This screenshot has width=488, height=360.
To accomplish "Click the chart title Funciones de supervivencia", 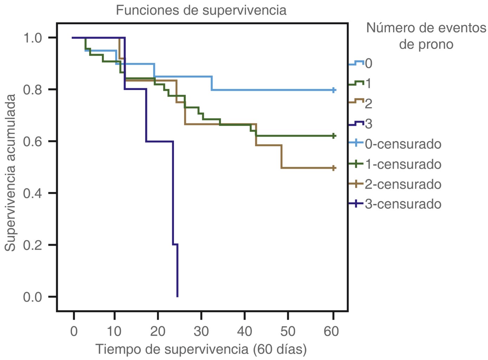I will pyautogui.click(x=201, y=10).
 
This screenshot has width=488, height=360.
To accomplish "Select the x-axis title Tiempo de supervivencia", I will pyautogui.click(x=201, y=349).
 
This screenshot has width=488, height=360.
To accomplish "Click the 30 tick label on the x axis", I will pyautogui.click(x=201, y=331).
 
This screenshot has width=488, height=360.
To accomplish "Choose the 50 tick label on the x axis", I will pyautogui.click(x=288, y=331).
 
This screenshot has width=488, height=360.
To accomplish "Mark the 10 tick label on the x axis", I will pyautogui.click(x=114, y=331).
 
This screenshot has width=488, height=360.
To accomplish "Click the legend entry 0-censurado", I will pyautogui.click(x=403, y=144).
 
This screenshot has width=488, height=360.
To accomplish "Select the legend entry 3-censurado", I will pyautogui.click(x=403, y=204).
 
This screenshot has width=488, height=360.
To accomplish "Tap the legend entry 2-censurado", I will pyautogui.click(x=403, y=184).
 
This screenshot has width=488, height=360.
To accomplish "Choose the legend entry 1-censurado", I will pyautogui.click(x=403, y=164).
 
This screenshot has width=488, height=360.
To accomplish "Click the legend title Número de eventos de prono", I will pyautogui.click(x=426, y=36).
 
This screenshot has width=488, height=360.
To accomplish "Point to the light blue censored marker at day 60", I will pyautogui.click(x=334, y=90).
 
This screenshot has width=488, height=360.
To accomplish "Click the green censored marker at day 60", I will pyautogui.click(x=334, y=136).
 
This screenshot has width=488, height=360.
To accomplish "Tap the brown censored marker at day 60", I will pyautogui.click(x=334, y=168).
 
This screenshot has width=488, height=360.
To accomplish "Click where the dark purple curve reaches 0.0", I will pyautogui.click(x=177, y=296).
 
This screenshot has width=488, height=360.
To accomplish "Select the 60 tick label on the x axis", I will pyautogui.click(x=331, y=331).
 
